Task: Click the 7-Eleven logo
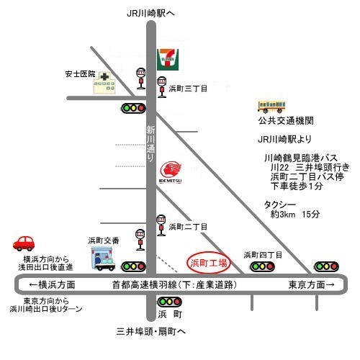point(168,60)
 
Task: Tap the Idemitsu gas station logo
point(171,172)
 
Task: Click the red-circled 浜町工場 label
point(209,263)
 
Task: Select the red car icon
point(24,243)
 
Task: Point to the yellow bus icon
point(271,107)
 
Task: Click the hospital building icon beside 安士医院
point(104,83)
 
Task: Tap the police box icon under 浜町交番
point(103,258)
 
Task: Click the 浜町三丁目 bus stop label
point(188,89)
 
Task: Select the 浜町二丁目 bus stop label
point(188,227)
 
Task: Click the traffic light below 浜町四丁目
point(262,266)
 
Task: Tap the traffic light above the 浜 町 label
point(169,302)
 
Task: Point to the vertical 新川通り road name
point(151,144)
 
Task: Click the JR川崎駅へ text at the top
point(150,14)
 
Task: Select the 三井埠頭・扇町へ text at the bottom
point(151,332)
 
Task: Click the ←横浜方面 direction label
point(52,285)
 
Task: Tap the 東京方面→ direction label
point(312,285)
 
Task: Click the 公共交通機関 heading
point(286,120)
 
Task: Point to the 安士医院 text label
point(80,74)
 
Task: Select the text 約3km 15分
point(295,214)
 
